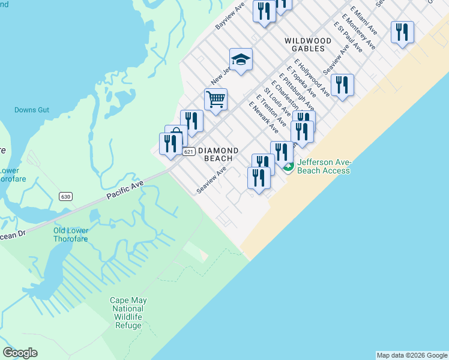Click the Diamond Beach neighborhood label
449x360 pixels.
pyautogui.click(x=218, y=154)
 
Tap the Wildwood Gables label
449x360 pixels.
pyautogui.click(x=307, y=44)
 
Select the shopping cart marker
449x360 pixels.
pyautogui.click(x=215, y=99)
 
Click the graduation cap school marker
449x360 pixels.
pyautogui.click(x=241, y=59)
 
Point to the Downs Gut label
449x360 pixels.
pyautogui.click(x=32, y=110)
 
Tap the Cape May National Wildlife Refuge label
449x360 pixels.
pyautogui.click(x=128, y=313)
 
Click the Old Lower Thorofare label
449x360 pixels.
pyautogui.click(x=71, y=235)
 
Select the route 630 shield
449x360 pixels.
pyautogui.click(x=65, y=196)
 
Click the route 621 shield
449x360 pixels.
pyautogui.click(x=188, y=152)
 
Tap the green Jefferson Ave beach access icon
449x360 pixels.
pyautogui.click(x=289, y=167)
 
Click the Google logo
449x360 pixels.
pyautogui.click(x=20, y=353)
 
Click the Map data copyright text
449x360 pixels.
pyautogui.click(x=412, y=355)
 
